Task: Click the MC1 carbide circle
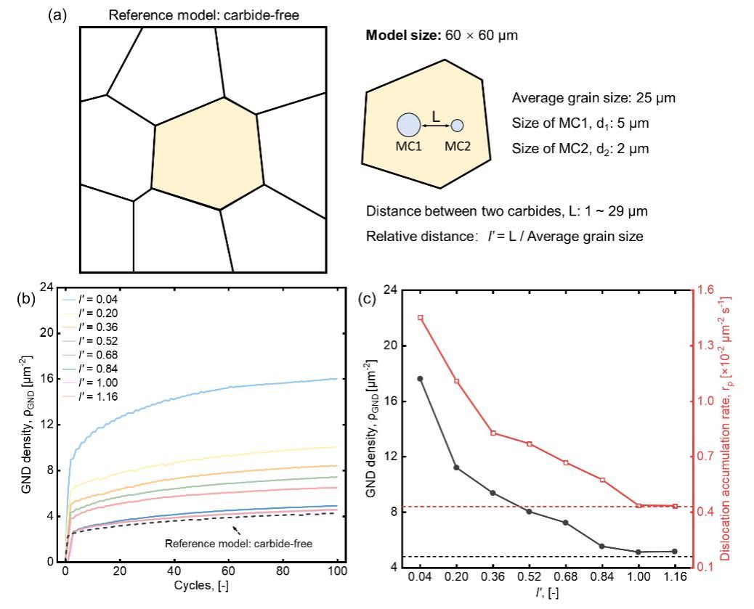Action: pyautogui.click(x=408, y=125)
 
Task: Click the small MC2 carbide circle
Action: pyautogui.click(x=457, y=126)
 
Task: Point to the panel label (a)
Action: pyautogui.click(x=60, y=15)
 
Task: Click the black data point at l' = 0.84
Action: pyautogui.click(x=601, y=546)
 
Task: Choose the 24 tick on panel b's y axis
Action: pyautogui.click(x=48, y=287)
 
